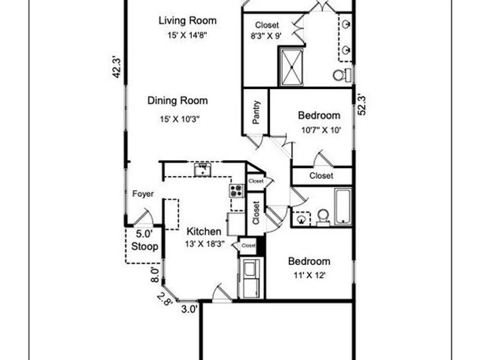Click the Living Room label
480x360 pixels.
tap(187, 21)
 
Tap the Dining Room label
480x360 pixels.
tap(178, 101)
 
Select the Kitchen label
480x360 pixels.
tap(204, 231)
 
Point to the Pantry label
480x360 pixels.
tap(256, 112)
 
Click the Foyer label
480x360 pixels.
tap(143, 194)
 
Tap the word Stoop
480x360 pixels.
tap(144, 246)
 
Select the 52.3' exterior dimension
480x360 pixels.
tap(361, 106)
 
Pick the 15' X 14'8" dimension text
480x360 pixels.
tap(187, 35)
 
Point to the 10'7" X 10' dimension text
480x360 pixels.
tap(321, 130)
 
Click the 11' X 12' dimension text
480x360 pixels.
tap(310, 276)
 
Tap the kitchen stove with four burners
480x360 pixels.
tap(237, 191)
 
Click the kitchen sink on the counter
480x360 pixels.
tap(203, 170)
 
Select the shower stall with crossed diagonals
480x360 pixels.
tap(292, 67)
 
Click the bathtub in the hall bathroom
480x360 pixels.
tap(343, 206)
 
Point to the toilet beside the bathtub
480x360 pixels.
tap(323, 217)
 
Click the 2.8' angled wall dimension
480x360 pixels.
tap(164, 300)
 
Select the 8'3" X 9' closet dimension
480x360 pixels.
tap(266, 36)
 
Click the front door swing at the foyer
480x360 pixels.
tap(144, 217)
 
